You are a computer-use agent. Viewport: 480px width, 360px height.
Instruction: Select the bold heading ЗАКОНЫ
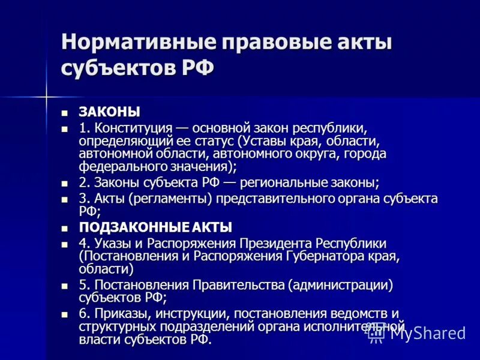[x=110, y=112]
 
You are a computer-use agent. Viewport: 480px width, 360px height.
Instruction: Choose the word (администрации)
[x=340, y=285]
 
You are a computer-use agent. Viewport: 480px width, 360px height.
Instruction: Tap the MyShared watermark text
[x=427, y=333]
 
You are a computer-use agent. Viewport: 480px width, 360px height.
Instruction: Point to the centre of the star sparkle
[x=46, y=94]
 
